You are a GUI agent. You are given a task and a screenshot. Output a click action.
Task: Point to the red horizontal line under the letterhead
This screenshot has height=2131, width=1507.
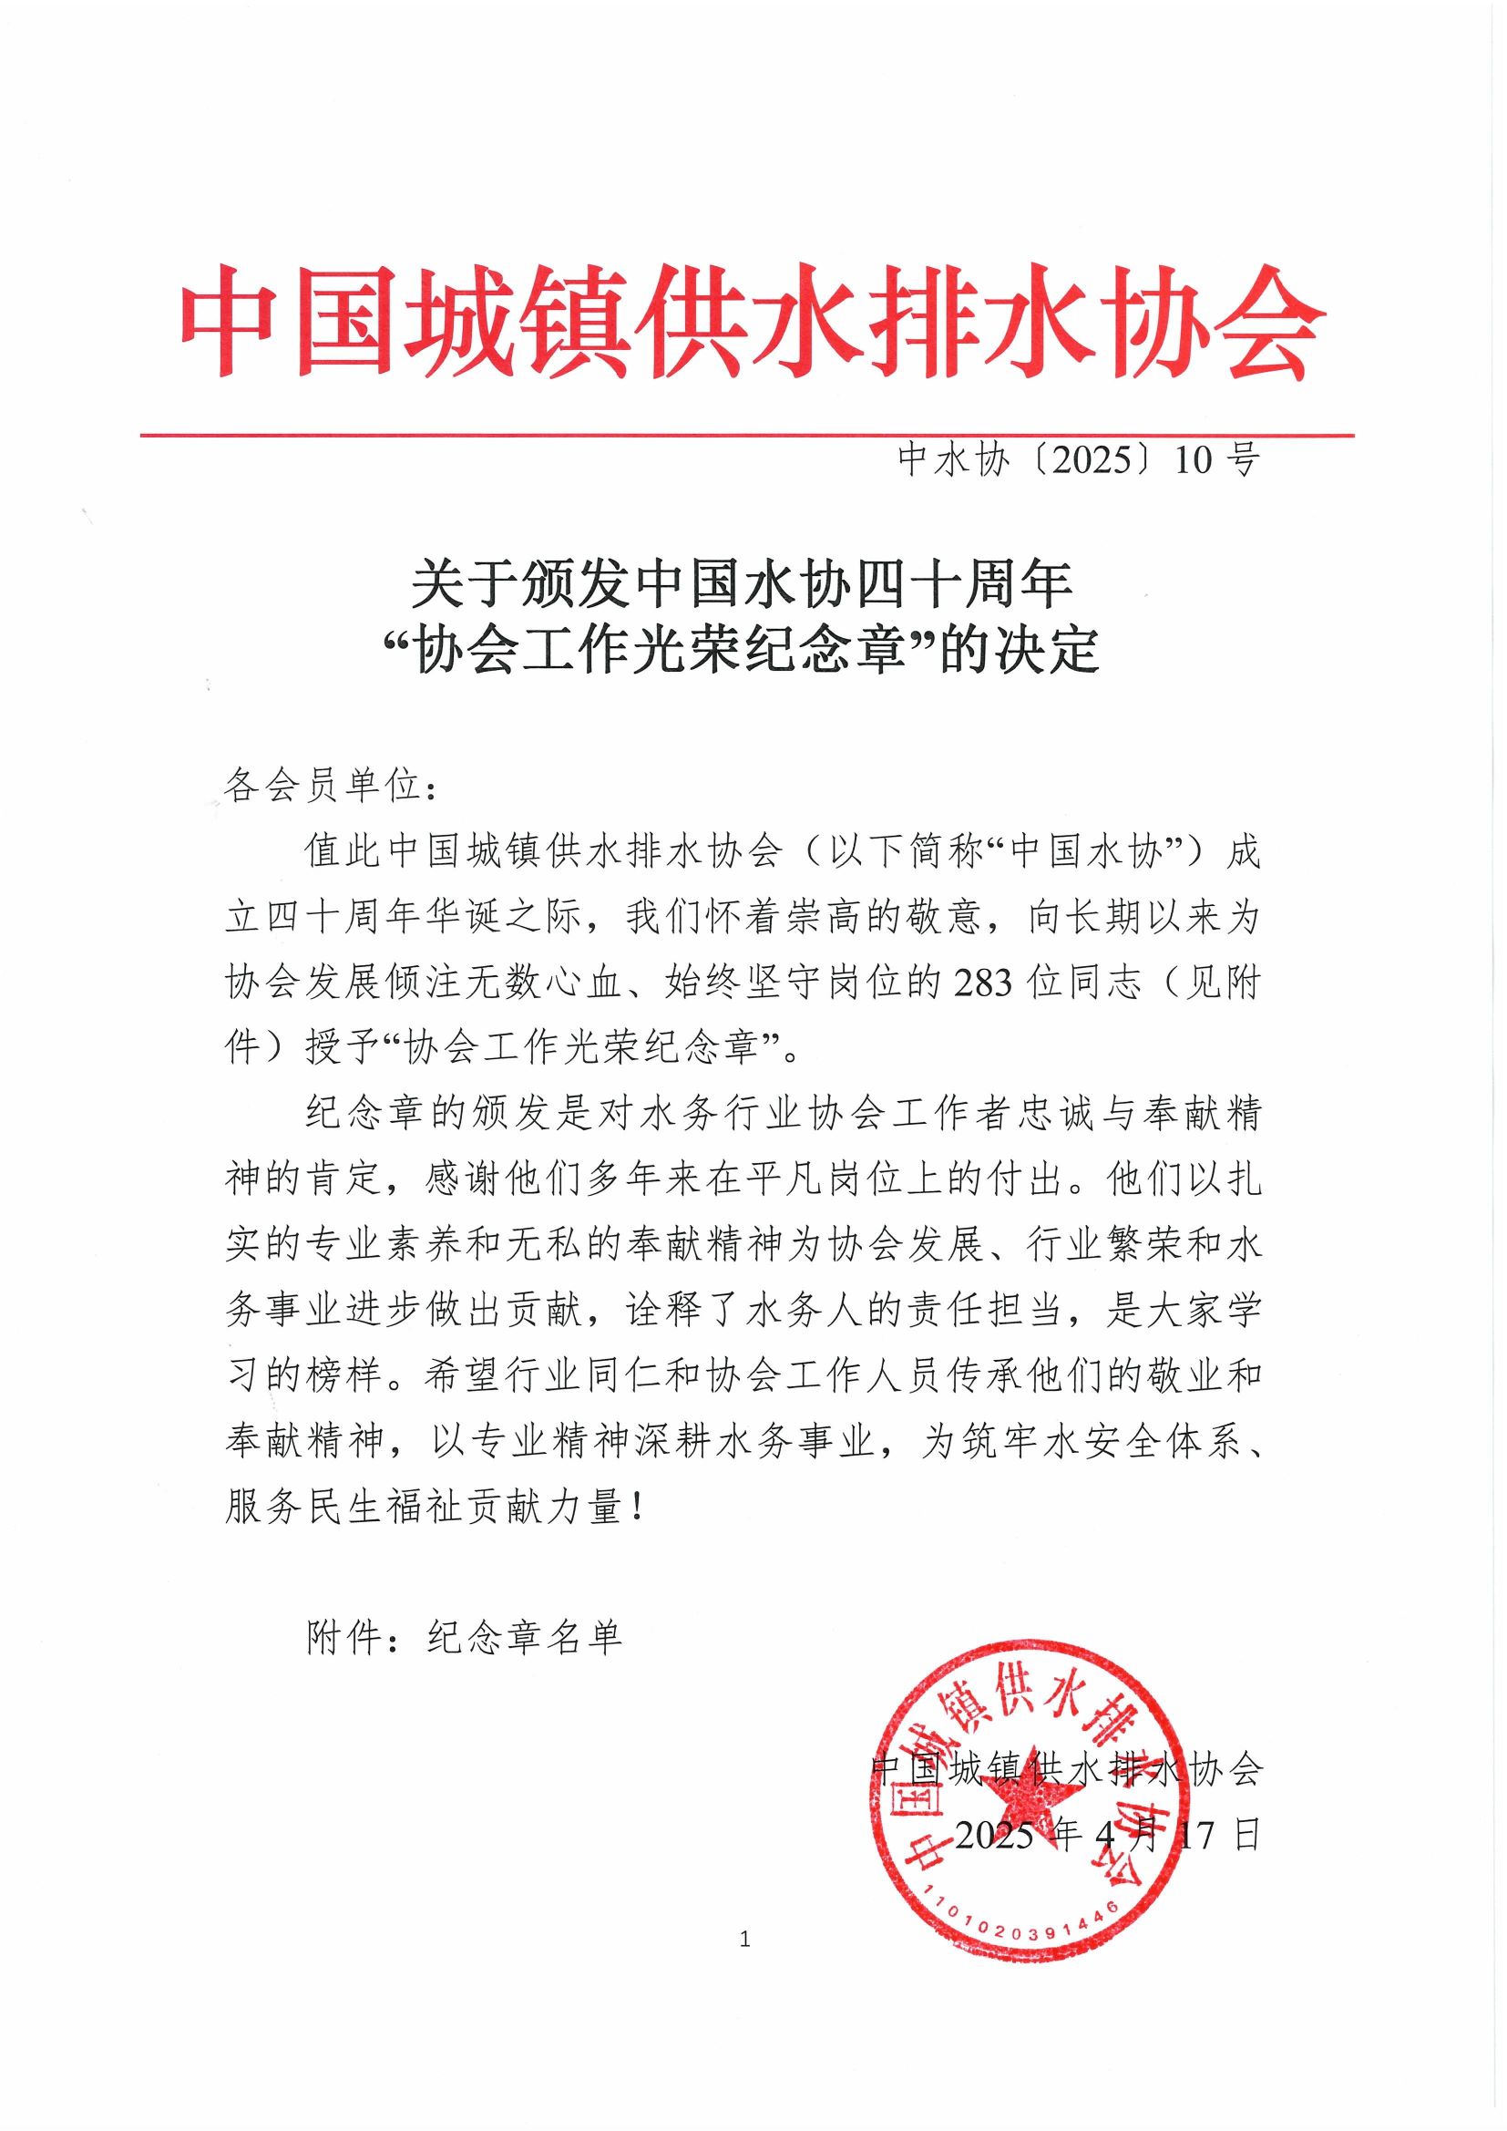[x=747, y=435]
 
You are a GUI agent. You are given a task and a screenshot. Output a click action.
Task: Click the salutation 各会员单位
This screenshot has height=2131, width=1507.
[x=325, y=788]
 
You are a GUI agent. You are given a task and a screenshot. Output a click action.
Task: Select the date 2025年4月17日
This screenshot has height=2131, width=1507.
[x=1108, y=1835]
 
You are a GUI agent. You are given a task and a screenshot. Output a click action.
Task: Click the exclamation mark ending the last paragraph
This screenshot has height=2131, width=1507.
[x=635, y=1509]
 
